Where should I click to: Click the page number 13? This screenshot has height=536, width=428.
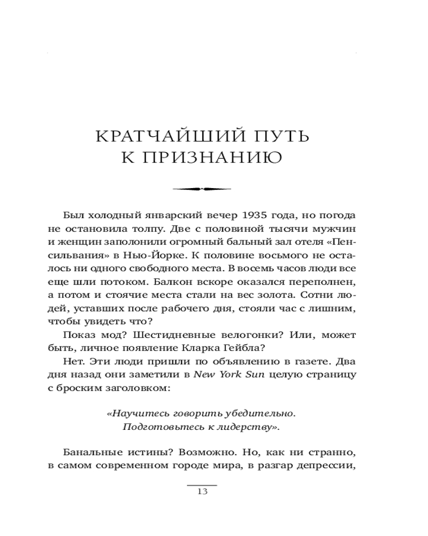(x=202, y=492)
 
